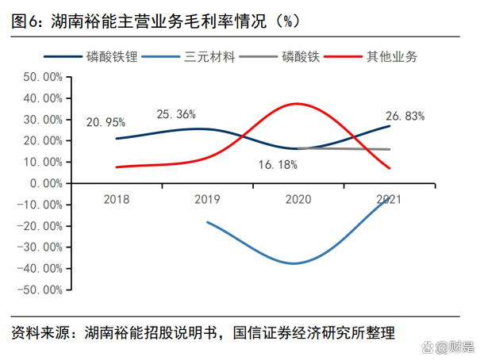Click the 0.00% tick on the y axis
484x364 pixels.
pos(46,183)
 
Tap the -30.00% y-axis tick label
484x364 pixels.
pos(40,247)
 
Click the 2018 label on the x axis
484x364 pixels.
pos(117,199)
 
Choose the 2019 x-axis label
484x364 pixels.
pos(207,199)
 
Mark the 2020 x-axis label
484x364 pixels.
pos(298,199)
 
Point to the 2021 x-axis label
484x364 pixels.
pos(389,199)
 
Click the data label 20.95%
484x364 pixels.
pos(106,123)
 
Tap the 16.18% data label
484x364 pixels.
pos(278,165)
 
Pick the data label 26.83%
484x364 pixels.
pos(405,115)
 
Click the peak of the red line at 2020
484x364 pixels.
pos(297,104)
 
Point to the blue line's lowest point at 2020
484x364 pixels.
pos(295,263)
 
